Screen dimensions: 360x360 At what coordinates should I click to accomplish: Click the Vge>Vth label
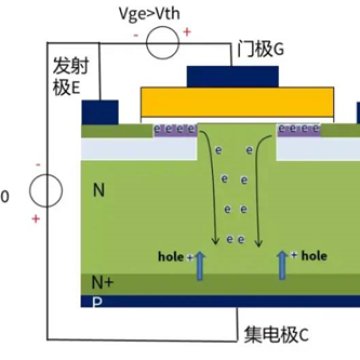[x=156, y=11]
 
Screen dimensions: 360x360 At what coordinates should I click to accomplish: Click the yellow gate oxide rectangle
[x=232, y=101]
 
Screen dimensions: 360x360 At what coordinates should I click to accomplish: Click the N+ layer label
[x=102, y=282]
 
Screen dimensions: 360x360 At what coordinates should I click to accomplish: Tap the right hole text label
[x=314, y=255]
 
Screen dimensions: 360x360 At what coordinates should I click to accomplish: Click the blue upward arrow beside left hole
[x=200, y=265]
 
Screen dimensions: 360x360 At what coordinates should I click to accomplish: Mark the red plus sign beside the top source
[x=186, y=33]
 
